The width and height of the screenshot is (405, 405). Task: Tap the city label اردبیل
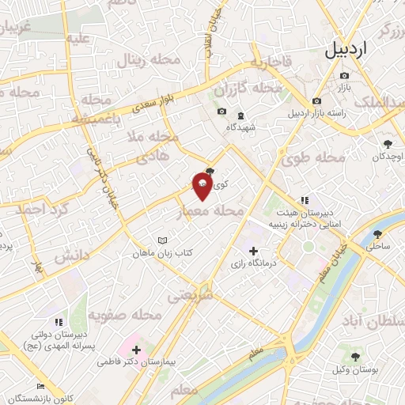[346, 50]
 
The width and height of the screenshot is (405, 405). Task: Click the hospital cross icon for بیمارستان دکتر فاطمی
[136, 349]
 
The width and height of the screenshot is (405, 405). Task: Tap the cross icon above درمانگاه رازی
[252, 251]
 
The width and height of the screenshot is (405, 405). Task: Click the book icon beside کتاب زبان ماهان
[162, 240]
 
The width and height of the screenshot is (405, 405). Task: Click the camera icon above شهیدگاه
[221, 111]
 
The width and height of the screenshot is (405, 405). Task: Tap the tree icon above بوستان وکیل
[355, 356]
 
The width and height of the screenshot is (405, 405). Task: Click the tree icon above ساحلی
[377, 233]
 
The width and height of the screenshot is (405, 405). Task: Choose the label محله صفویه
[124, 316]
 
